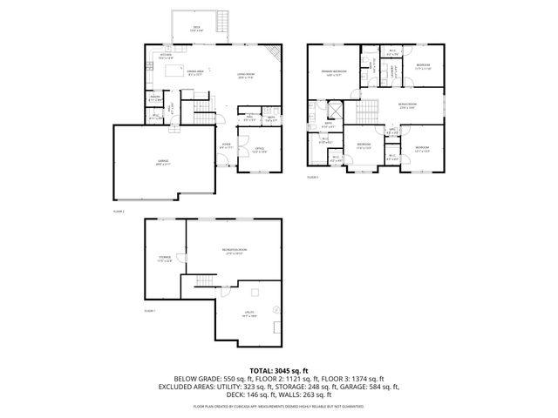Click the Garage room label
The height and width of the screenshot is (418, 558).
(162, 163)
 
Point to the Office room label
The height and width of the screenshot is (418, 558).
(260, 149)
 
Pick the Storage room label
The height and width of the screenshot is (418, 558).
(165, 257)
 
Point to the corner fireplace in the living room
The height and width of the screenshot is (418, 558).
(278, 56)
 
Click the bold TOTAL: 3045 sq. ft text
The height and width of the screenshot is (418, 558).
(279, 370)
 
